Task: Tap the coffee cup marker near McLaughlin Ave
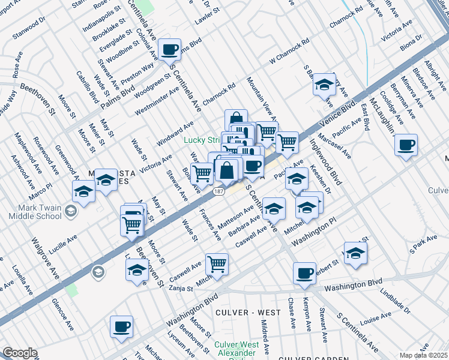pyautogui.click(x=406, y=145)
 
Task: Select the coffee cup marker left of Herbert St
pyautogui.click(x=304, y=274)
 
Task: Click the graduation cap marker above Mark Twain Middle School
pyautogui.click(x=83, y=192)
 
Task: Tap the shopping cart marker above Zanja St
pyautogui.click(x=217, y=263)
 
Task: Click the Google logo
pyautogui.click(x=20, y=353)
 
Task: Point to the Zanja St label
pyautogui.click(x=180, y=289)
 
